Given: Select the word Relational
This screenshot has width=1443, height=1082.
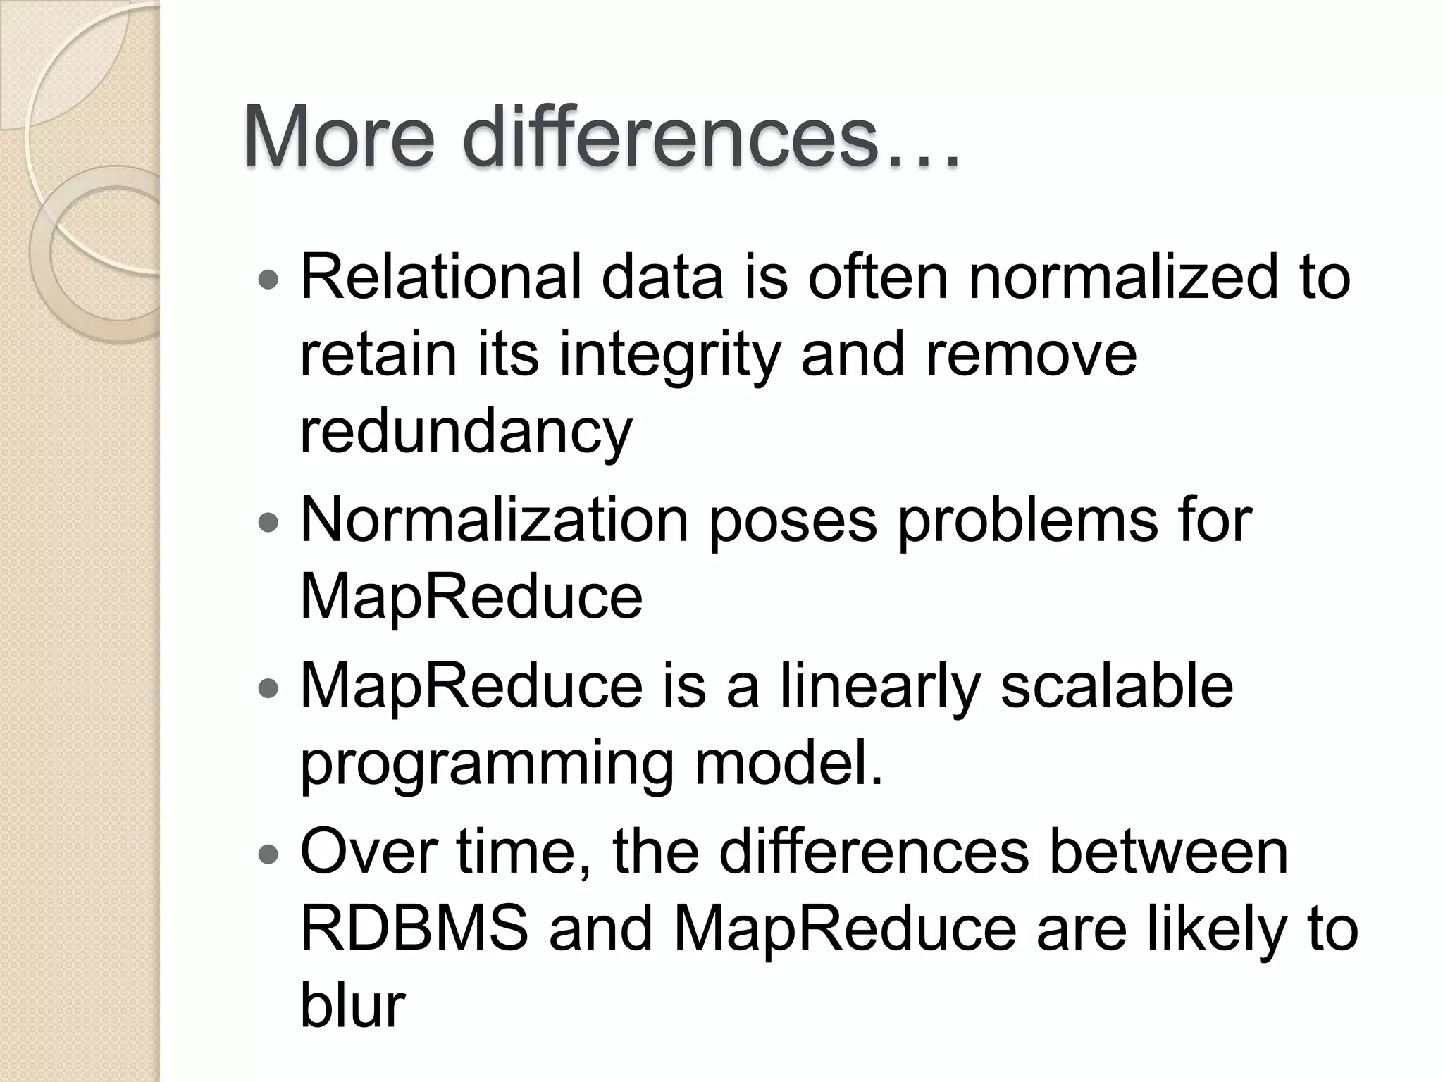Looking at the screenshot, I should [440, 277].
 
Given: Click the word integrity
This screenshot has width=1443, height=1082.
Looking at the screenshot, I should [670, 354].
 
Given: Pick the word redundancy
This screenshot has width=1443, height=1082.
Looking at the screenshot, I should [466, 432].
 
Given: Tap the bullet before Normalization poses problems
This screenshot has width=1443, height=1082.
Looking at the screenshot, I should [268, 523].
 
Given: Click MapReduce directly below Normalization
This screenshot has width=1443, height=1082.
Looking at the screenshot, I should [471, 597].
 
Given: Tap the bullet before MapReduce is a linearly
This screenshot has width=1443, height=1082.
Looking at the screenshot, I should [268, 689].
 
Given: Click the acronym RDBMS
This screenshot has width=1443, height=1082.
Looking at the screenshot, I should [414, 928].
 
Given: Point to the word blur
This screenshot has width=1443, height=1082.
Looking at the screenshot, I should [352, 1006].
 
